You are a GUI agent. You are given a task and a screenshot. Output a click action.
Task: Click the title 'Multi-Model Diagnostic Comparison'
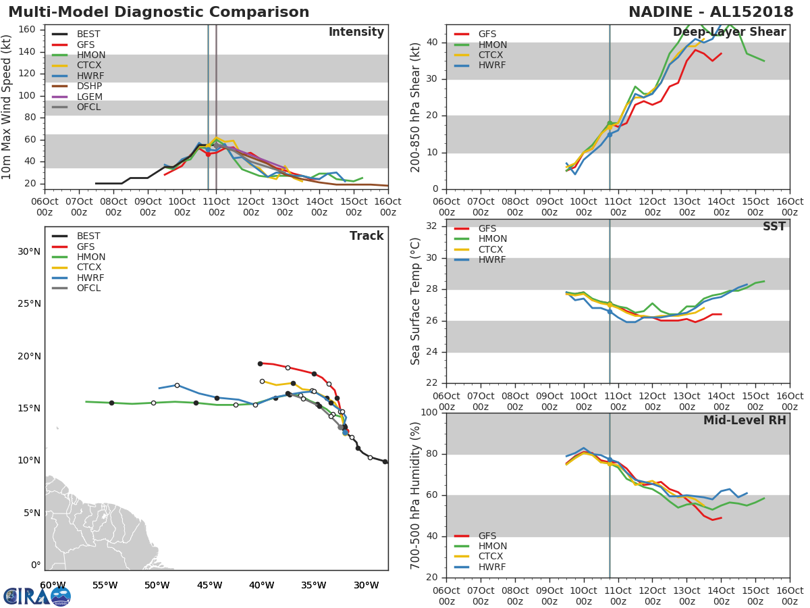tap(159, 12)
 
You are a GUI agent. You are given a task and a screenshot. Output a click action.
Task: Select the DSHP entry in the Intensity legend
tap(89, 86)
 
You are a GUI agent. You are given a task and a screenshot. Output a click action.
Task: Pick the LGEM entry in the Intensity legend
tap(89, 97)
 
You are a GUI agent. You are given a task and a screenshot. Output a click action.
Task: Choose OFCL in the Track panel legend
tap(89, 288)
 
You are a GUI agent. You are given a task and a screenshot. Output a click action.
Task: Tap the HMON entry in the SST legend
tap(492, 239)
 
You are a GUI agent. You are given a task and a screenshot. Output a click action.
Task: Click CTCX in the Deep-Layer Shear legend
tap(492, 55)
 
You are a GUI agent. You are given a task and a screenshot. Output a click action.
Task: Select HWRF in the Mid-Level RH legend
tap(491, 567)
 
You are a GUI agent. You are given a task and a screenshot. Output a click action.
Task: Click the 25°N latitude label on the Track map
tap(29, 304)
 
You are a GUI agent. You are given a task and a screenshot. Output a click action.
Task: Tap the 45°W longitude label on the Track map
tap(209, 585)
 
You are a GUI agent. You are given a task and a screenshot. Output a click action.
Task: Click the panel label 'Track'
tap(367, 236)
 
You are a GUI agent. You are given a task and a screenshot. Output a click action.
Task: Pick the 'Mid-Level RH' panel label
tap(745, 420)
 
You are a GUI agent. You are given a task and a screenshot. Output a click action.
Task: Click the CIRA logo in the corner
tap(37, 596)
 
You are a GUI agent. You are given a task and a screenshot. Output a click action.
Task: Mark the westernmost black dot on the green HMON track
tap(111, 403)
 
